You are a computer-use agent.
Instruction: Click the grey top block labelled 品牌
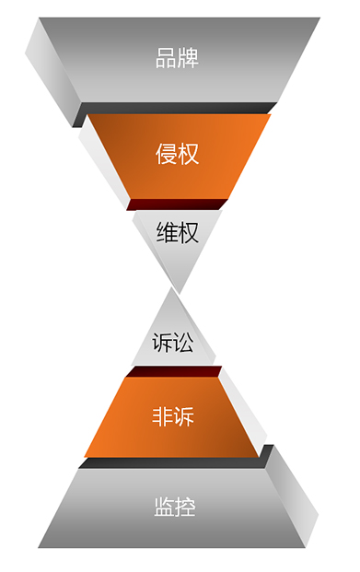(177, 59)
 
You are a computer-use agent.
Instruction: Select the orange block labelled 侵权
(177, 154)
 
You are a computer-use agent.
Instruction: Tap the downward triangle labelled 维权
(177, 233)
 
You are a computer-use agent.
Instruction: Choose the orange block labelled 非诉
(173, 416)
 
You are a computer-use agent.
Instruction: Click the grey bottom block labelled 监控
(175, 507)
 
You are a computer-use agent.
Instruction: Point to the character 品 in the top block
(166, 59)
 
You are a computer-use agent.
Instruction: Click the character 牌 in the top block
(188, 59)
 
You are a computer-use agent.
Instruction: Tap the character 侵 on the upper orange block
(166, 154)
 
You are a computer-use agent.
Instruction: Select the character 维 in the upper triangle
(167, 233)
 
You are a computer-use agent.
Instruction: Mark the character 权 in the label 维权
(188, 233)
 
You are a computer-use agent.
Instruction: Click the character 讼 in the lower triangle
(184, 343)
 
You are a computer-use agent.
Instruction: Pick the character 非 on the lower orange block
(162, 416)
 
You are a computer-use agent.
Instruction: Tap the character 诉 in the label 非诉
(184, 416)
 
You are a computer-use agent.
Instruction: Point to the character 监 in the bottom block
(164, 507)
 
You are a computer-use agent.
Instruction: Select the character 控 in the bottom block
(185, 507)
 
